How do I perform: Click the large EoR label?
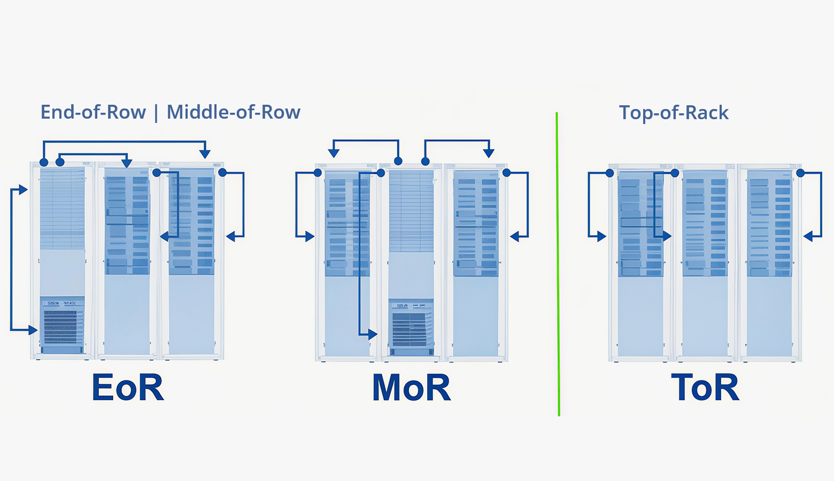pyautogui.click(x=127, y=387)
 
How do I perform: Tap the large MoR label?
pyautogui.click(x=411, y=387)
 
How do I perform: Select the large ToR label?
pyautogui.click(x=705, y=387)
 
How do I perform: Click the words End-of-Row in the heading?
pyautogui.click(x=93, y=112)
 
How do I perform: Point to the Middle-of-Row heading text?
pyautogui.click(x=233, y=112)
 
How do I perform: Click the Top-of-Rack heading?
pyautogui.click(x=674, y=113)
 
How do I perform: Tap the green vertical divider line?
pyautogui.click(x=558, y=267)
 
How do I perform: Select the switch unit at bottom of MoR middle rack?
pyautogui.click(x=412, y=327)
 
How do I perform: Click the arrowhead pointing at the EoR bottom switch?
pyautogui.click(x=33, y=330)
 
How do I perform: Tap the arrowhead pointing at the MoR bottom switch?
pyautogui.click(x=373, y=335)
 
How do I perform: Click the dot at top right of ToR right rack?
pyautogui.click(x=800, y=173)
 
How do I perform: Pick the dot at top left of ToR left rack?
pyautogui.click(x=609, y=173)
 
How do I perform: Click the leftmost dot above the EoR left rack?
pyautogui.click(x=44, y=162)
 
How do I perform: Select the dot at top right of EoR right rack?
pyautogui.click(x=222, y=172)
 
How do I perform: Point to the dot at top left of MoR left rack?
pyautogui.click(x=318, y=172)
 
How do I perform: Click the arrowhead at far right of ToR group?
pyautogui.click(x=808, y=236)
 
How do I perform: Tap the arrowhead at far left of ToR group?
pyautogui.click(x=602, y=236)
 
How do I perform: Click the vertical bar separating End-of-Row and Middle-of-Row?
pyautogui.click(x=156, y=113)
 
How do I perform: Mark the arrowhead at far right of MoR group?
pyautogui.click(x=515, y=236)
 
